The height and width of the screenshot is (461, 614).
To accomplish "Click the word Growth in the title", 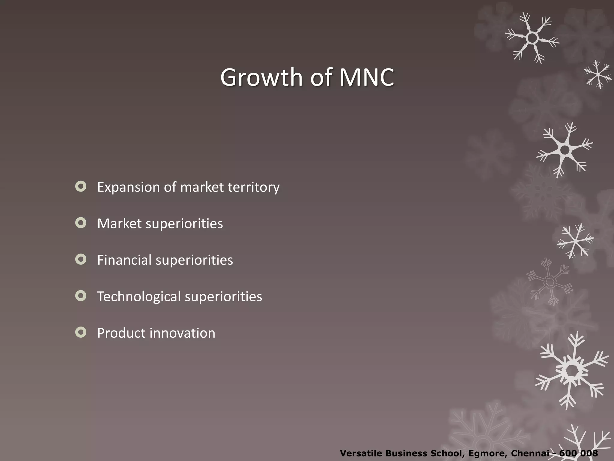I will tap(262, 77).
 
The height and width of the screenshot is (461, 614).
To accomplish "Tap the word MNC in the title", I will tap(366, 77).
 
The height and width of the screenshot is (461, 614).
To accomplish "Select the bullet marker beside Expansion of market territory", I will tap(81, 186).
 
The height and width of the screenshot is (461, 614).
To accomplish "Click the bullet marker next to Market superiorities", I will tap(81, 223).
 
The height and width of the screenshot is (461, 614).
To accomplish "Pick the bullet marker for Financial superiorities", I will tap(81, 259).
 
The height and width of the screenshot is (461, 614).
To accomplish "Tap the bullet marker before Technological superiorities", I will tap(81, 296).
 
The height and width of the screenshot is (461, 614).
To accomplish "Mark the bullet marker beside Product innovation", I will tap(81, 332).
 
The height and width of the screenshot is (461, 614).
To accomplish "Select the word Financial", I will tap(124, 260).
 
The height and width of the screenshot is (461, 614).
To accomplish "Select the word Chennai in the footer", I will tap(532, 453).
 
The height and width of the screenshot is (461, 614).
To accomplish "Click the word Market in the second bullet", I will tap(119, 224).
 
